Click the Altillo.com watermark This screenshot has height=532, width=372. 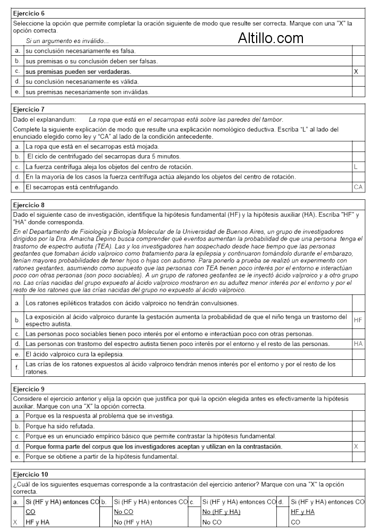pyautogui.click(x=270, y=37)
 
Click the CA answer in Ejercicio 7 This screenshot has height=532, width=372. pyautogui.click(x=358, y=187)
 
